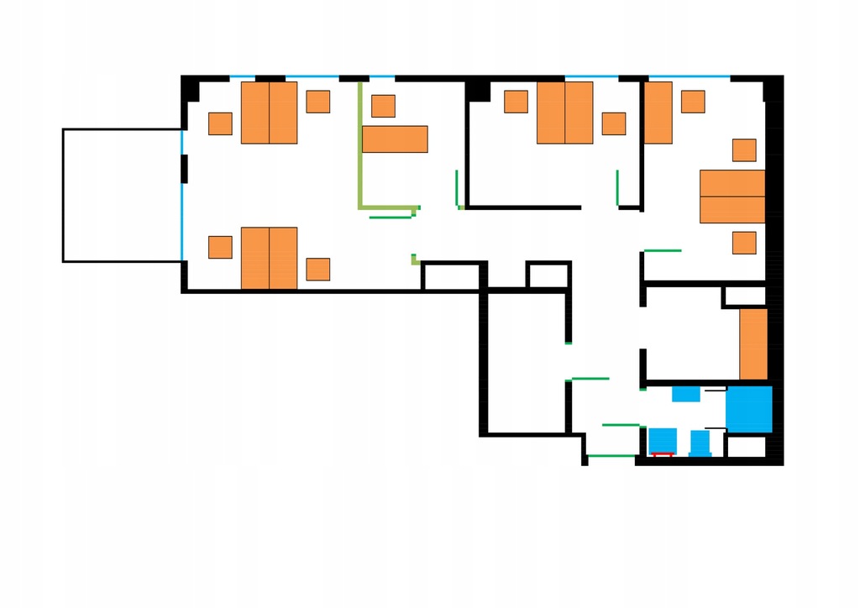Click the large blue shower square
(x=748, y=409)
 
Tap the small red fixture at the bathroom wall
(x=663, y=454)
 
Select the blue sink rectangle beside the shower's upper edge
(x=686, y=393)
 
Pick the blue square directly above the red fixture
(x=663, y=439)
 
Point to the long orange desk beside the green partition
(x=395, y=139)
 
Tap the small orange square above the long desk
(x=383, y=106)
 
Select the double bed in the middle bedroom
(x=564, y=113)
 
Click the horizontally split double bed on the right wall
(x=732, y=197)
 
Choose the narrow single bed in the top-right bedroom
(x=658, y=113)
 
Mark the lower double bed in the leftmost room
(x=269, y=258)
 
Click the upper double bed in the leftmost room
(x=269, y=113)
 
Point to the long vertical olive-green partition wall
(x=360, y=143)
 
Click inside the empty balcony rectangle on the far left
(x=122, y=195)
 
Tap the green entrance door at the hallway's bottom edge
(x=611, y=456)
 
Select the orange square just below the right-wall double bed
(x=744, y=243)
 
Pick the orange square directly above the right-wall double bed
(x=744, y=150)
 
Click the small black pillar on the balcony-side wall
(x=185, y=168)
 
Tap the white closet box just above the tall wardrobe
(x=745, y=296)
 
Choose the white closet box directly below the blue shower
(x=747, y=447)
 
